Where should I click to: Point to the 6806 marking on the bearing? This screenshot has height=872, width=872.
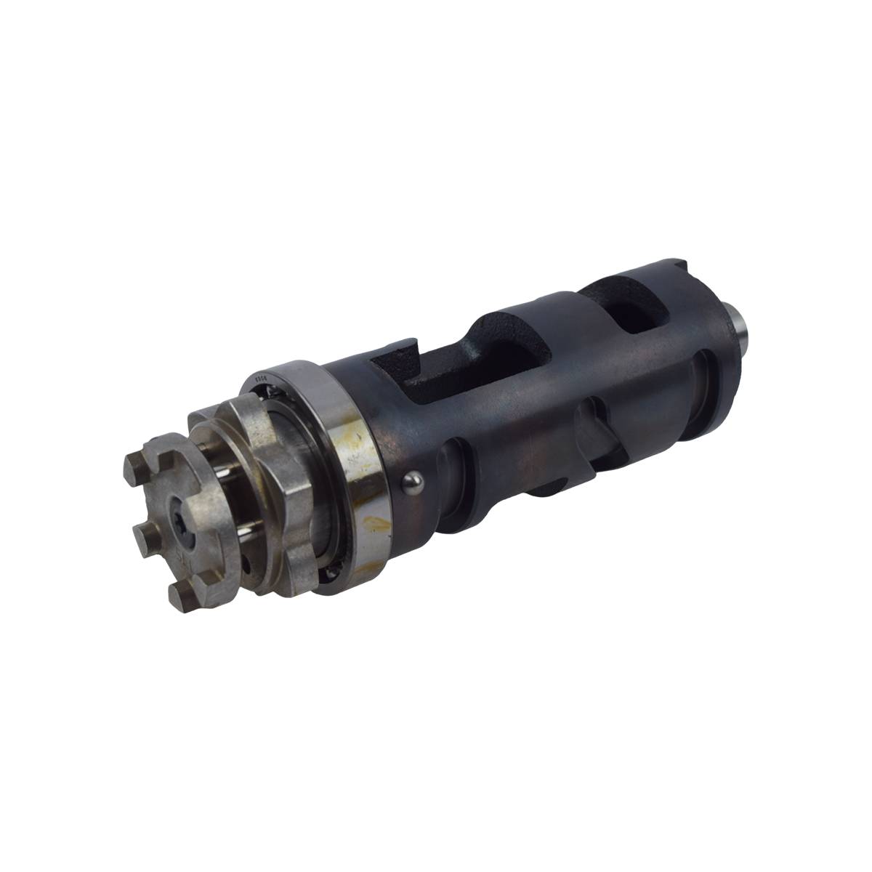(262, 379)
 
